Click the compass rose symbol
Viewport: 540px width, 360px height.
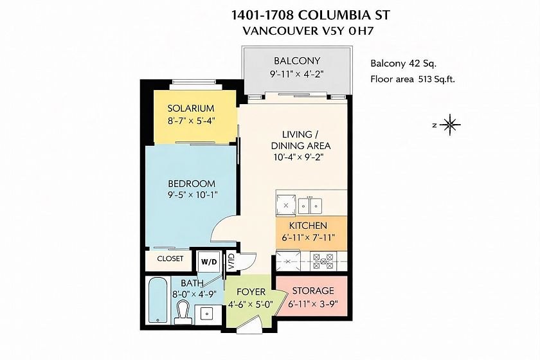pyautogui.click(x=450, y=124)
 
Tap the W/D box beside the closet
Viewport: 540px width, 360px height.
pyautogui.click(x=209, y=262)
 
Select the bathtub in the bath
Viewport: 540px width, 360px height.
pyautogui.click(x=158, y=300)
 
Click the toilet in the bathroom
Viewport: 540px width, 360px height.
pyautogui.click(x=183, y=312)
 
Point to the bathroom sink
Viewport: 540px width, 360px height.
pyautogui.click(x=206, y=314)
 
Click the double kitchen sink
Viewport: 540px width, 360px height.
pyautogui.click(x=310, y=206)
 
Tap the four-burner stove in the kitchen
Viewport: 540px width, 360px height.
pyautogui.click(x=323, y=262)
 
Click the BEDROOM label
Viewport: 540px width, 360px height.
pyautogui.click(x=192, y=183)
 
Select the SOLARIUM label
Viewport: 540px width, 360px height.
pyautogui.click(x=191, y=108)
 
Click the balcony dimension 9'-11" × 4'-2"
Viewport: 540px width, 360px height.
pyautogui.click(x=297, y=74)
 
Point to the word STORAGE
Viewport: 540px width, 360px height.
pyautogui.click(x=313, y=291)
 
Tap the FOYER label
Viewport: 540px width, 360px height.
pyautogui.click(x=251, y=292)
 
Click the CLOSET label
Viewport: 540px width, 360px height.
pyautogui.click(x=170, y=258)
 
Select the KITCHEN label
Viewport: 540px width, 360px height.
pyautogui.click(x=308, y=226)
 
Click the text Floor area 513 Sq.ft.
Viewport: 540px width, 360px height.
pyautogui.click(x=413, y=79)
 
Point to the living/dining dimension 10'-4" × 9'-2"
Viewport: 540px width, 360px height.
pyautogui.click(x=298, y=157)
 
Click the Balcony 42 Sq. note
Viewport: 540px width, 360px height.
pyautogui.click(x=404, y=64)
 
